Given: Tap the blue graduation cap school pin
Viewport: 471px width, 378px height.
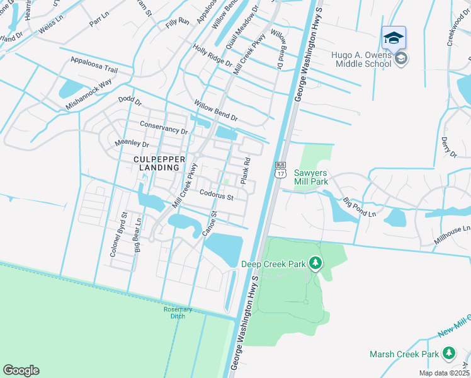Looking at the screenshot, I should pyautogui.click(x=394, y=38).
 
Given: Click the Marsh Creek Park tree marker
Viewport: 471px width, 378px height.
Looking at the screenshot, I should pyautogui.click(x=449, y=353).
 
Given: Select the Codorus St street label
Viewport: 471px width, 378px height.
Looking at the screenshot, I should pyautogui.click(x=217, y=197).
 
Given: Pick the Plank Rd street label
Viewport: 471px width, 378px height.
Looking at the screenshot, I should pyautogui.click(x=246, y=171).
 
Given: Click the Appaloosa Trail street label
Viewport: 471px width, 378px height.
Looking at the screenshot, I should pyautogui.click(x=94, y=61).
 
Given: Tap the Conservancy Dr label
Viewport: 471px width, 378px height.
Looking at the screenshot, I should pyautogui.click(x=164, y=128).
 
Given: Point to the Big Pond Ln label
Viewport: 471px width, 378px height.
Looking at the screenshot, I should pyautogui.click(x=359, y=208).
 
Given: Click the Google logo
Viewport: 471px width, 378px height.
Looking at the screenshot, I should pyautogui.click(x=21, y=370).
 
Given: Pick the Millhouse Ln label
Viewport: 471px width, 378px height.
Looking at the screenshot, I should pyautogui.click(x=452, y=234).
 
